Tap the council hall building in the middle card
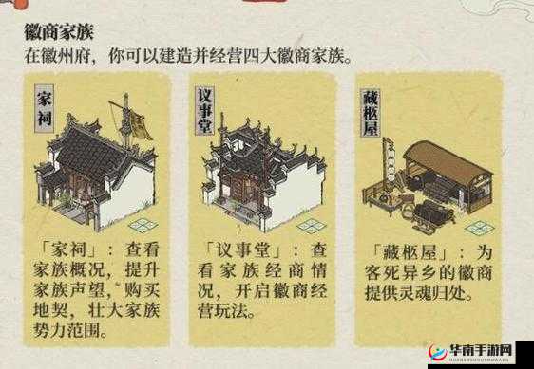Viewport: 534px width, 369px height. [x=257, y=171]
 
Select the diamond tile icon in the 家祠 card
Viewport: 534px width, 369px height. [x=144, y=225]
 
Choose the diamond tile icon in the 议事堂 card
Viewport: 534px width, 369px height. [x=312, y=225]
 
